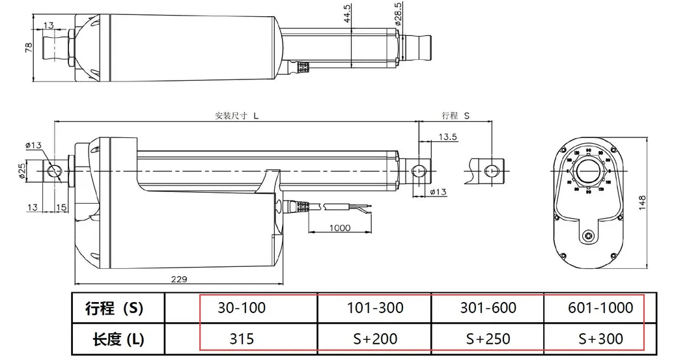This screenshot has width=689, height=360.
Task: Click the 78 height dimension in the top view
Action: click(x=29, y=49)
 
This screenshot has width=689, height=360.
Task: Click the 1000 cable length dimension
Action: click(x=339, y=228)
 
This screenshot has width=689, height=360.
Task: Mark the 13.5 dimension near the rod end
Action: click(x=447, y=137)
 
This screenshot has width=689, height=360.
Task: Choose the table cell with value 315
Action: click(x=242, y=339)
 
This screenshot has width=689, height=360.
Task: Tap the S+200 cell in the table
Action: click(x=376, y=339)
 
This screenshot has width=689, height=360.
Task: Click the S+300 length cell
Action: click(x=600, y=339)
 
